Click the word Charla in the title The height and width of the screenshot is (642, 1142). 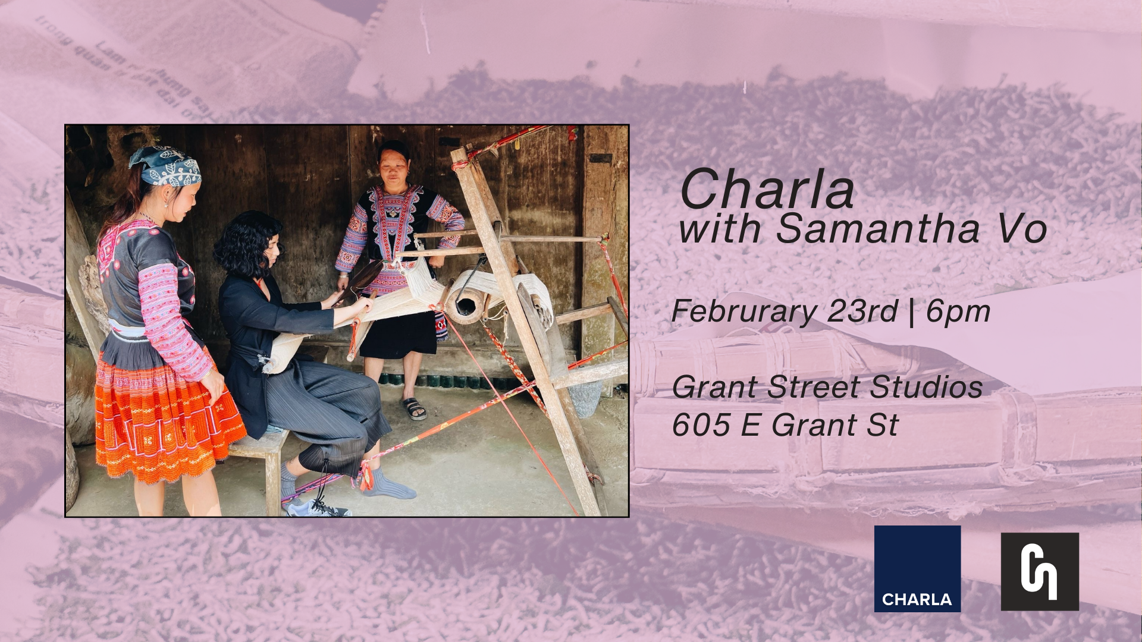point(767,190)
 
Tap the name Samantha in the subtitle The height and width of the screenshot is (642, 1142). point(877,229)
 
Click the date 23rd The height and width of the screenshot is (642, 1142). point(862,311)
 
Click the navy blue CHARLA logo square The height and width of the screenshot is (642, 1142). point(917,568)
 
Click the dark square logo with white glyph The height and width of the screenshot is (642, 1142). point(1040,571)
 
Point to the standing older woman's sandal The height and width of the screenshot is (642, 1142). point(413,408)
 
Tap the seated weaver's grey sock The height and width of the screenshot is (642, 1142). point(387,484)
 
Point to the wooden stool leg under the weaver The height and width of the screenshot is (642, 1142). point(274,476)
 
